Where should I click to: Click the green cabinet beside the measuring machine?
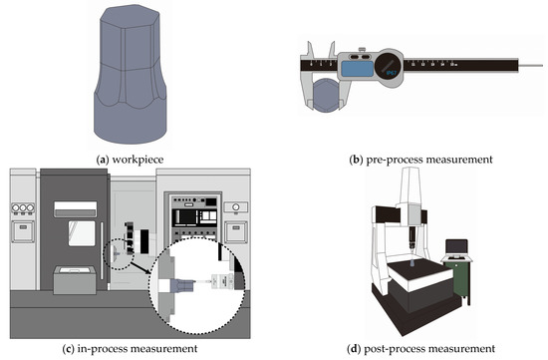462,278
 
